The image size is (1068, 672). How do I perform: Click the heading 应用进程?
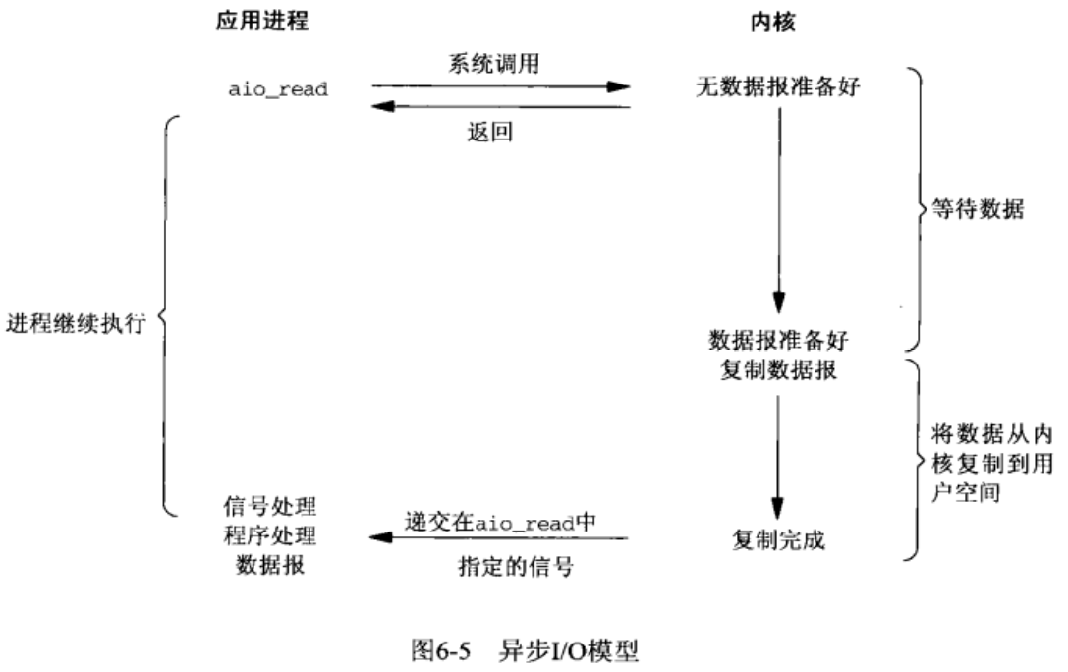[262, 22]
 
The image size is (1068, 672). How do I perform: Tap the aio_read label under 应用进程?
[277, 89]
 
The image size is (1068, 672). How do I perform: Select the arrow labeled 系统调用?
[500, 86]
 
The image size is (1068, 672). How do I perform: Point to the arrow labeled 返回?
[500, 107]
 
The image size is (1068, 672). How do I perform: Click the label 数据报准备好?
[777, 341]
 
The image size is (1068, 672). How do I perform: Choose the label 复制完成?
[778, 538]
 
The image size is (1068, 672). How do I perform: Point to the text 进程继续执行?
[76, 323]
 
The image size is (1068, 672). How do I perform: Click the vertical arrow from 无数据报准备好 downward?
[779, 206]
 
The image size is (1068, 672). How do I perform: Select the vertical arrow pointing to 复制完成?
[779, 452]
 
